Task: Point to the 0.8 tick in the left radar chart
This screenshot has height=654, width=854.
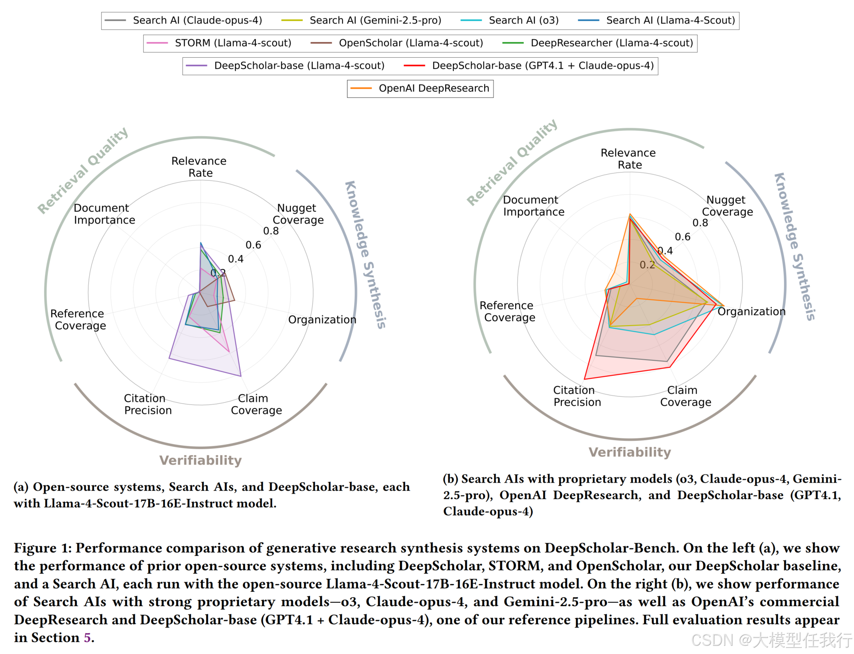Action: click(271, 231)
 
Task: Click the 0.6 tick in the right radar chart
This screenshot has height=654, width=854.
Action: click(682, 237)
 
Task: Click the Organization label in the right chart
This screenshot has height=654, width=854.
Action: click(751, 312)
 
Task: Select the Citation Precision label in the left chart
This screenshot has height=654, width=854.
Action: click(148, 404)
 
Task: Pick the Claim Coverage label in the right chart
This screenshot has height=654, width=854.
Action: click(685, 396)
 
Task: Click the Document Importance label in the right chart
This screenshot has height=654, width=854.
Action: click(533, 206)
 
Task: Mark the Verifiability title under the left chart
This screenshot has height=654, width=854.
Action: click(201, 461)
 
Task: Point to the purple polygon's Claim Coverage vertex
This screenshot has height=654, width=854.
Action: click(241, 376)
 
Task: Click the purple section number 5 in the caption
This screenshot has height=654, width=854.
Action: click(87, 638)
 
